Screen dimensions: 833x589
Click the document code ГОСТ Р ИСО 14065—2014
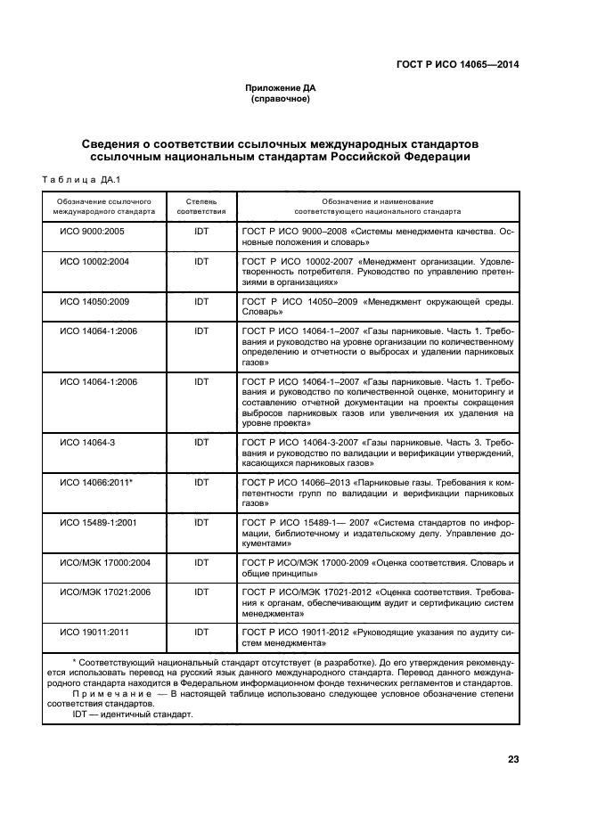pos(457,64)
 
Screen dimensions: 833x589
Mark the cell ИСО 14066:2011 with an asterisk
pos(96,482)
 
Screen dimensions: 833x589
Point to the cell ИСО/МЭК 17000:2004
pos(104,563)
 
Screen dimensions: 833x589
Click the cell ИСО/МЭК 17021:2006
pos(104,592)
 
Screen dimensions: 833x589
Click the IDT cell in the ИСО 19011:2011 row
pos(201,632)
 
